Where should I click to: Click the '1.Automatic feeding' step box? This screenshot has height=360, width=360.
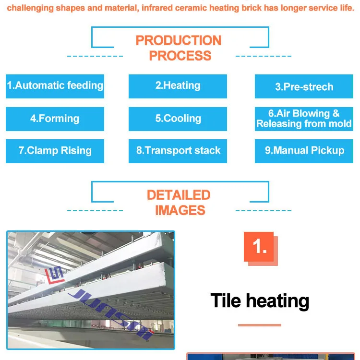click(55, 86)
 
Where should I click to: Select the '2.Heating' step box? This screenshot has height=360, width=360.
click(178, 86)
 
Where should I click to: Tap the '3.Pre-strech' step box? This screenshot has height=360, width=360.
click(304, 87)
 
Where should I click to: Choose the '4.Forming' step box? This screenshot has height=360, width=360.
click(55, 119)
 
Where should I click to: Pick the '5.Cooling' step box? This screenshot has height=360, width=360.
click(178, 119)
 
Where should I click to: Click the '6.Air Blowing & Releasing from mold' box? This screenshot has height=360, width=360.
click(304, 119)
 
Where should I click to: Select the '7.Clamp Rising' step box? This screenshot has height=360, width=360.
click(55, 151)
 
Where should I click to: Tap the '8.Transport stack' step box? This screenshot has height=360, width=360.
click(178, 151)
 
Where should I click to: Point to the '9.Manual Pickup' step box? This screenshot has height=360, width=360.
click(304, 151)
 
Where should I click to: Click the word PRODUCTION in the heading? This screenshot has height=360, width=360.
click(179, 40)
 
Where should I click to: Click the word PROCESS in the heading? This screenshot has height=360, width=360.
click(180, 56)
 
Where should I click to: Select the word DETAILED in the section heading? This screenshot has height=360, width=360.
click(179, 195)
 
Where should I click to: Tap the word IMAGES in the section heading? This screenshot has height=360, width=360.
click(180, 210)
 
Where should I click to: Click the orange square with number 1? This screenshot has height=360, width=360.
click(259, 247)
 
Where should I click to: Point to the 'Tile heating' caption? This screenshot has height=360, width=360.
click(260, 301)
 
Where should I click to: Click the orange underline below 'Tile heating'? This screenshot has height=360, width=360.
click(259, 325)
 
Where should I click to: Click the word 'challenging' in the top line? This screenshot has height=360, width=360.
click(30, 9)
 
